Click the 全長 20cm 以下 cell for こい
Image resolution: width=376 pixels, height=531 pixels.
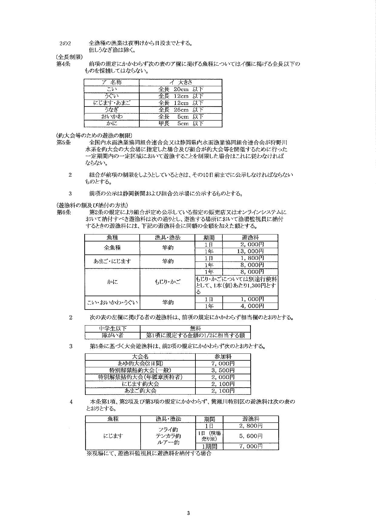click(181, 89)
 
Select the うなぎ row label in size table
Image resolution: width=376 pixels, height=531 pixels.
click(111, 110)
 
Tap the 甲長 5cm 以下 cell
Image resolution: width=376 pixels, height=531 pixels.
click(181, 123)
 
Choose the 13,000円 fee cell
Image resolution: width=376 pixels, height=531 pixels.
click(250, 251)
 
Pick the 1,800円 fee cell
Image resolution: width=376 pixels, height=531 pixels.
click(250, 258)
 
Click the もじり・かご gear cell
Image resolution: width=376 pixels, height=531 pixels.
click(167, 282)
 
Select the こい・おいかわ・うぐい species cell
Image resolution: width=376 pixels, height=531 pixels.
click(112, 302)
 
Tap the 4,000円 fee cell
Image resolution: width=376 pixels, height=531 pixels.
click(250, 306)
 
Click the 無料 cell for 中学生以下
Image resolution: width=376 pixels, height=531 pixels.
click(195, 328)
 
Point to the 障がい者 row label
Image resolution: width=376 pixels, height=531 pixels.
click(112, 335)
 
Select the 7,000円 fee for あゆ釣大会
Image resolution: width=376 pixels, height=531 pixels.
click(223, 363)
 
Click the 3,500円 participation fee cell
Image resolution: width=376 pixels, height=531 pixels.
click(223, 370)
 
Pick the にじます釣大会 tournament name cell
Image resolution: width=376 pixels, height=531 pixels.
click(140, 384)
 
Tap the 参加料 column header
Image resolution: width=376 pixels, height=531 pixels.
click(223, 356)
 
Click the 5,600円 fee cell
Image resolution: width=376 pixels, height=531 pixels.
click(251, 436)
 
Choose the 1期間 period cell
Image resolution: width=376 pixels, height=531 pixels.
click(209, 446)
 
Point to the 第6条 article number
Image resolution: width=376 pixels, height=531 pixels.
click(63, 212)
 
